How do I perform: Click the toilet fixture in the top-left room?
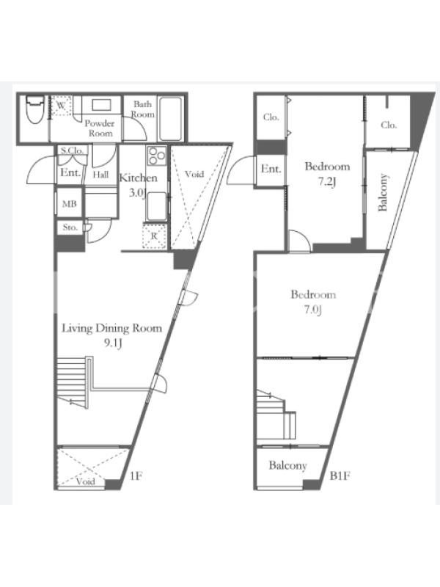34,109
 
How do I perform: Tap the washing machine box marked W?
61,106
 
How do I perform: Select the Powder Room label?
100,128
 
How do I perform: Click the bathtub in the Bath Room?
170,119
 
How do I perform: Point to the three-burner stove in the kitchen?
157,156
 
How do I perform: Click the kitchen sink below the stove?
156,206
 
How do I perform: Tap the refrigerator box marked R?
154,236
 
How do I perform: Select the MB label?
69,204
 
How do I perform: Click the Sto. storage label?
70,227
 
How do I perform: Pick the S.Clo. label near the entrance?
72,150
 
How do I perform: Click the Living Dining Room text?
112,328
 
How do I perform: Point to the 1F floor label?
136,475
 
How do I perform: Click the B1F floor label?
340,475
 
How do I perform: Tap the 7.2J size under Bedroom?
327,182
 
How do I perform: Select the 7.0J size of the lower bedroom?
313,310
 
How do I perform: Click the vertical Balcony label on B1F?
383,192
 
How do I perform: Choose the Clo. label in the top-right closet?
389,125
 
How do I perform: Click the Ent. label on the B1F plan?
271,169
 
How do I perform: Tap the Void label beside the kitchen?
194,174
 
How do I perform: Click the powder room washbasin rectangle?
101,104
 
